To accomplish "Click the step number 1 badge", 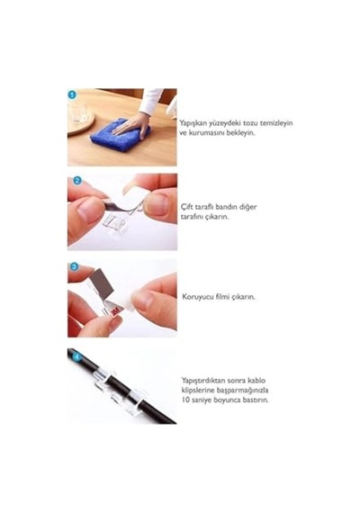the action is pos(72,95).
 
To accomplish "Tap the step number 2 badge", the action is pos(77,180).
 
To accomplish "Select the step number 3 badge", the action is pos(75,266).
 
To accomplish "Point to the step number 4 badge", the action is pos(76,356).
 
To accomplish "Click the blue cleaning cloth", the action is pos(120,135).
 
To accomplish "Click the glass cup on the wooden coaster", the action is pos(77,112).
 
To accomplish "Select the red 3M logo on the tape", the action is pos(115,311).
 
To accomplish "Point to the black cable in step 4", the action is pos(121,386).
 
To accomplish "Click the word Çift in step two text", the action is pos(186,207).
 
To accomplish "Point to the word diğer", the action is pos(247,207).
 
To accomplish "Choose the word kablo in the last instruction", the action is pos(256,381).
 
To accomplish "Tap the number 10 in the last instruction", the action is pos(185,400).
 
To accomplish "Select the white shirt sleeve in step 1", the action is pos(152,101).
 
